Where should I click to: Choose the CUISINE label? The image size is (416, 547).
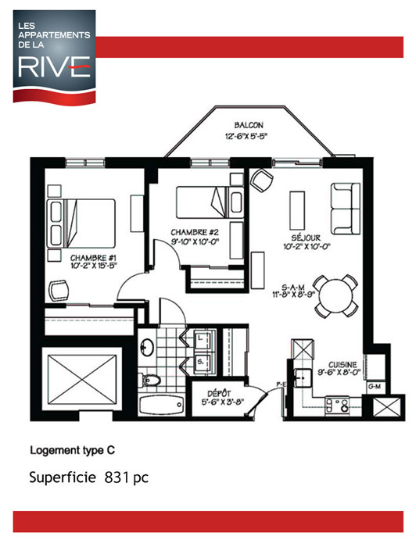(343, 364)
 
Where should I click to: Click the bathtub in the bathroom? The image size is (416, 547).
(161, 406)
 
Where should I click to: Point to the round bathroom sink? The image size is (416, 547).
(147, 347)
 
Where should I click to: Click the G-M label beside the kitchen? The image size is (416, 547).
(374, 386)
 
